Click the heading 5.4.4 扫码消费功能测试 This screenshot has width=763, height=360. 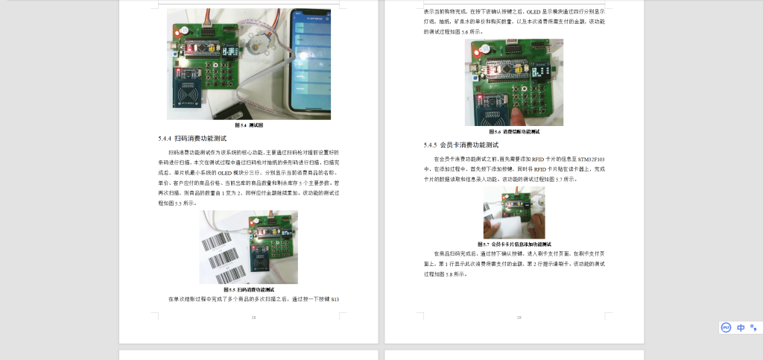pos(192,139)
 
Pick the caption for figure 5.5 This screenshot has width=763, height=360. pos(249,289)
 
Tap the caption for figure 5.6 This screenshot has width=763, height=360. pos(514,132)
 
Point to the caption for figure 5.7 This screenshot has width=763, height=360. pos(514,244)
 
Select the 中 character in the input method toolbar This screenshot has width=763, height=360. pos(741,327)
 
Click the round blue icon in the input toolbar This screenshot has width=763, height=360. pos(726,327)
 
